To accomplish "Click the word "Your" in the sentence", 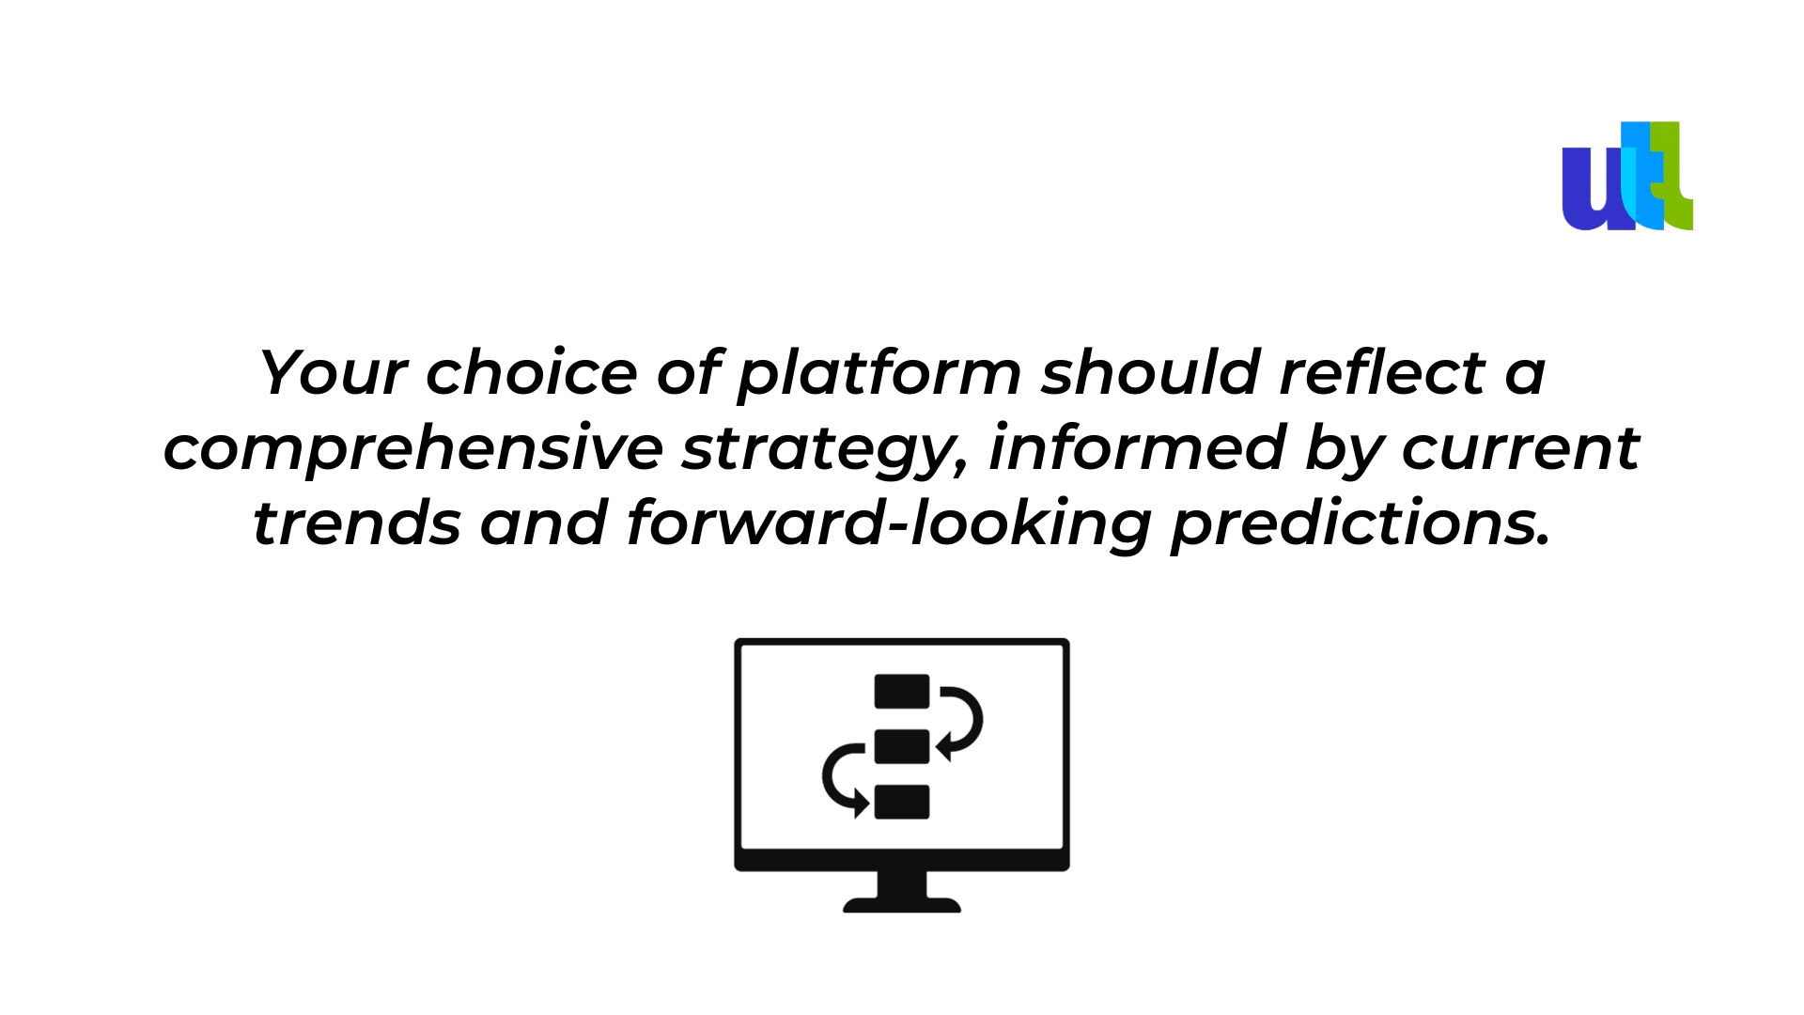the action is (333, 372).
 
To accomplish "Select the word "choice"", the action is (532, 372).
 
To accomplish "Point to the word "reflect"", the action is (1382, 372).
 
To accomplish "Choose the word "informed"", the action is (1137, 447).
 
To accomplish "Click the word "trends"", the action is (357, 523).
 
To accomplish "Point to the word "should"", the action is (1150, 372).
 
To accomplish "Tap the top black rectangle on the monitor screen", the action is (902, 692).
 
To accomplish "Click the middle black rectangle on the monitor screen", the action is (902, 746).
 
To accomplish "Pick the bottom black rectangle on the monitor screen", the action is (902, 802).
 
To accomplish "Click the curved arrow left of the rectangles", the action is (825, 776).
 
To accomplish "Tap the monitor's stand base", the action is (902, 905).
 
